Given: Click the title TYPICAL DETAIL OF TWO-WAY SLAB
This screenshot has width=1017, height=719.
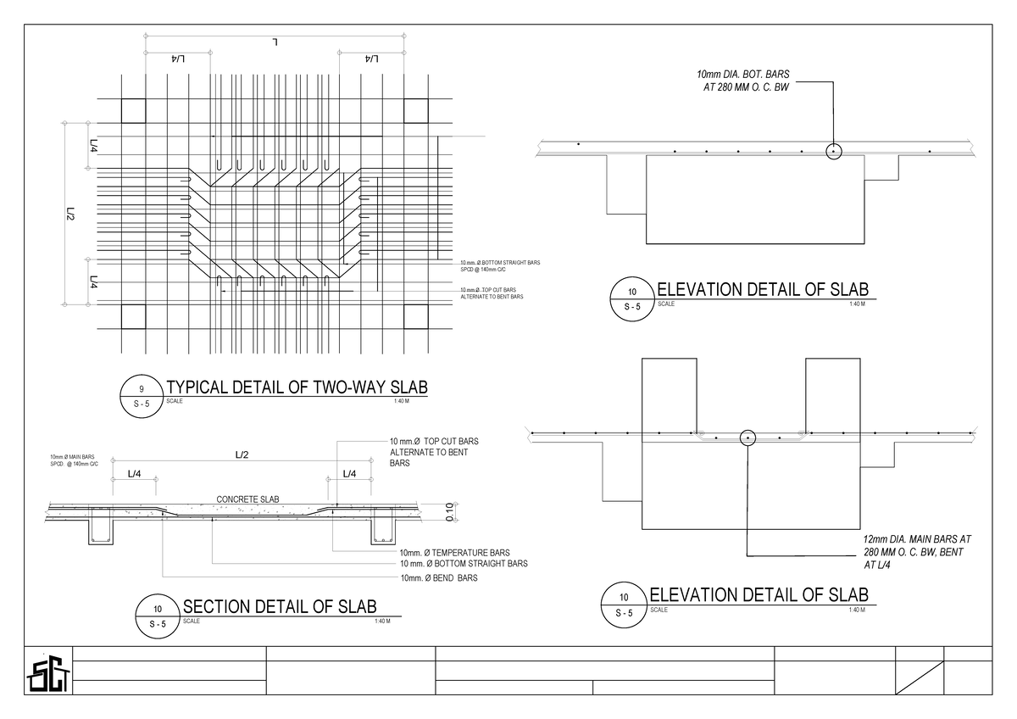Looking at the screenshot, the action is [297, 387].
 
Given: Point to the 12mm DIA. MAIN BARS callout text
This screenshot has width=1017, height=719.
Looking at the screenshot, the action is [918, 551].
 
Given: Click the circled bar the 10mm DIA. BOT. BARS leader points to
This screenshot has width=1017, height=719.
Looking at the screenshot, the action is [833, 151].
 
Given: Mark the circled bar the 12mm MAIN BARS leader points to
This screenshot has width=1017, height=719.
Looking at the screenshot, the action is [747, 438].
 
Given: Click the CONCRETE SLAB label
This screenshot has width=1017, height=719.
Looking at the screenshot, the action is [248, 499].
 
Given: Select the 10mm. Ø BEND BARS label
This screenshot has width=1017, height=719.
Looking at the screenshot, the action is [438, 578].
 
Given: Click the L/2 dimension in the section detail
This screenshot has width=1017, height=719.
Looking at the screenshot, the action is [242, 455].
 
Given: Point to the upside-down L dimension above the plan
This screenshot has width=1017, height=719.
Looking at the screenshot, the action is [276, 40].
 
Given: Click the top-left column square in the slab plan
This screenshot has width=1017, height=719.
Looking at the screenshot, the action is [134, 110].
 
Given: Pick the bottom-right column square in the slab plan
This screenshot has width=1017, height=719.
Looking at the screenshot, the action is [415, 316].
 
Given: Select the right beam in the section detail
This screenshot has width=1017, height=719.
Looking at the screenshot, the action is [384, 531].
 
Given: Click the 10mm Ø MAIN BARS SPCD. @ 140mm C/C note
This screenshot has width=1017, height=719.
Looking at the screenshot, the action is [75, 460].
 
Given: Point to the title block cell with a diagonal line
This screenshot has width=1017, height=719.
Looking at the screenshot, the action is [920, 679].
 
